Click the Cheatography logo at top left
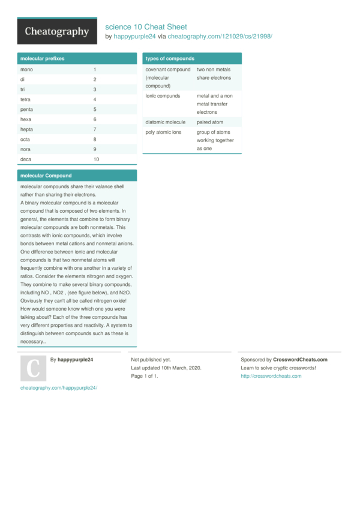(57, 31)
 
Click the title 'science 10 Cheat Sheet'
(146, 27)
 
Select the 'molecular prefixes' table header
(43, 59)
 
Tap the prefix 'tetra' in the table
(26, 100)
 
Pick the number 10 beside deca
(96, 159)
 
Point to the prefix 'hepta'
(26, 129)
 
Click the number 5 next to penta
(95, 110)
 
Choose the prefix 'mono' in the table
(26, 70)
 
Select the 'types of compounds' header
(170, 59)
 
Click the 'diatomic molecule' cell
(166, 122)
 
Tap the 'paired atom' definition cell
(209, 122)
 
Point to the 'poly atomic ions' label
(163, 132)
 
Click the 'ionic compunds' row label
(163, 95)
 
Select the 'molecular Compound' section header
(46, 176)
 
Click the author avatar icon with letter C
(33, 369)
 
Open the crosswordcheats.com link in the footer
(271, 377)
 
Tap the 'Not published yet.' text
(151, 360)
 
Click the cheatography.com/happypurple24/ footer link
(59, 388)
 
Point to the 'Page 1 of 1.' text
(145, 377)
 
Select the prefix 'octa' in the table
(25, 140)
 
